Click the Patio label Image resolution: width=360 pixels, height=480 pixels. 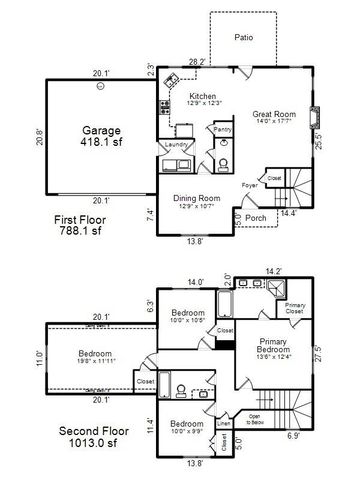pyautogui.click(x=243, y=37)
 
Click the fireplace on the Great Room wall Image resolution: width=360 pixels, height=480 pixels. pyautogui.click(x=316, y=112)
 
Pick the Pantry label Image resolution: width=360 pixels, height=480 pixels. pyautogui.click(x=223, y=130)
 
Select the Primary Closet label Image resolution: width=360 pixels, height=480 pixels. pyautogui.click(x=295, y=308)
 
